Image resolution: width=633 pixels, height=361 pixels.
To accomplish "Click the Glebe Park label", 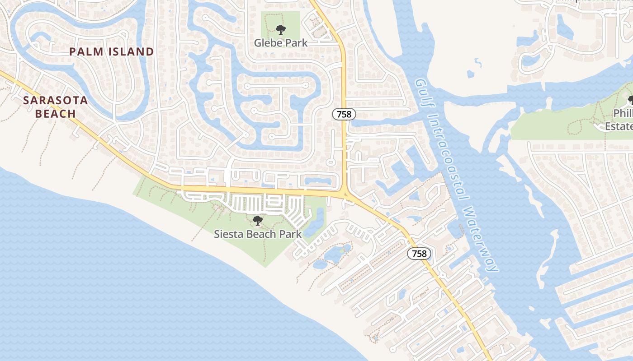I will [280, 43].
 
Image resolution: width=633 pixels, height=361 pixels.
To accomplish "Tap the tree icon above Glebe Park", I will [281, 30].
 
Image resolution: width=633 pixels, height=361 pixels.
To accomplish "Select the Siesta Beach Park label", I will [257, 234].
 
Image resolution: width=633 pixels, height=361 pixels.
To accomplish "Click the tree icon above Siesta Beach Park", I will [257, 221].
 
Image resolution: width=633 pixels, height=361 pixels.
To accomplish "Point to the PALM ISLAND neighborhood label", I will [112, 52].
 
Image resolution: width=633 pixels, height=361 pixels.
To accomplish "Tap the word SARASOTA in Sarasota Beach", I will [56, 100].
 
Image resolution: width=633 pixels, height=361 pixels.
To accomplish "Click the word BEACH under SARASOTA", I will [56, 113].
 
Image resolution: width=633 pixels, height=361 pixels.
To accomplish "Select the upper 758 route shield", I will [344, 114].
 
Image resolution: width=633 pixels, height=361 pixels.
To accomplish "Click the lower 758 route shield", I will [419, 254].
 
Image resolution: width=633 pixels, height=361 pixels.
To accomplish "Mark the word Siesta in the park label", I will [228, 234].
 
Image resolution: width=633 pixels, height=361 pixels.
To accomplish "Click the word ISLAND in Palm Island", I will [131, 52].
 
